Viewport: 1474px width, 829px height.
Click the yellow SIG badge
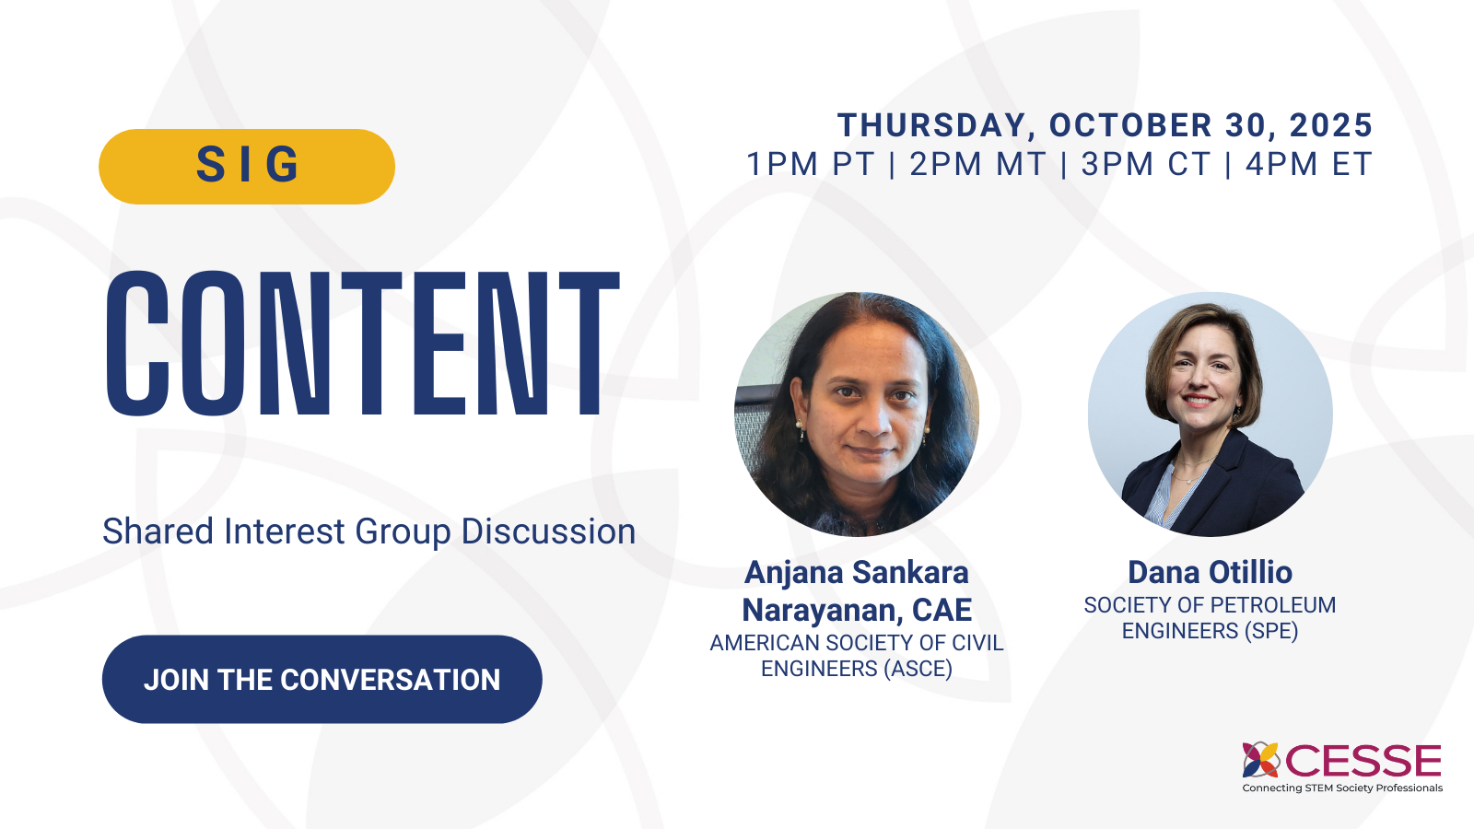click(247, 166)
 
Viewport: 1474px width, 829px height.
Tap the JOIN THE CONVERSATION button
click(322, 679)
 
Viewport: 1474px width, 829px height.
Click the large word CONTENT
click(362, 344)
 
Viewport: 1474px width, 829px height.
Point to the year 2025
click(1331, 125)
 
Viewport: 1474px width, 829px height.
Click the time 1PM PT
click(810, 164)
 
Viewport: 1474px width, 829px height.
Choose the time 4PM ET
click(1309, 164)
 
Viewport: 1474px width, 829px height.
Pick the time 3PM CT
click(1145, 164)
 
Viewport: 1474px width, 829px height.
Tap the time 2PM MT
click(977, 164)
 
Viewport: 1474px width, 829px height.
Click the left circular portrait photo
click(857, 414)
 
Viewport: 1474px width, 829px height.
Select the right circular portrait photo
click(1210, 414)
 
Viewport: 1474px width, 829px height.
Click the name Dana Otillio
click(1210, 572)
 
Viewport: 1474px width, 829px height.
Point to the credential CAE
click(942, 610)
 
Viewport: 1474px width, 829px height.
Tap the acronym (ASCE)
click(918, 669)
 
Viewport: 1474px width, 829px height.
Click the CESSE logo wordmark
click(1363, 762)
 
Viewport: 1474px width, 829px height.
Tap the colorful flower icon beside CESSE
click(1261, 760)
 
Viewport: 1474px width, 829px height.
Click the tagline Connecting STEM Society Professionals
click(1342, 788)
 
